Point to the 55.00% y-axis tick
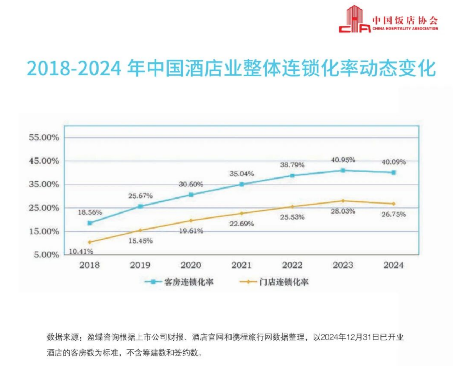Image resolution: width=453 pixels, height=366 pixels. [x=44, y=138]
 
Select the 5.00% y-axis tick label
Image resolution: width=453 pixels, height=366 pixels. [x=46, y=255]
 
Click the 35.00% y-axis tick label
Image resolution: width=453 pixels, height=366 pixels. [x=44, y=185]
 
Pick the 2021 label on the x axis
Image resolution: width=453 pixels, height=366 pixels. [x=242, y=265]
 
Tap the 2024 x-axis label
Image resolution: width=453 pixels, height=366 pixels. [x=393, y=265]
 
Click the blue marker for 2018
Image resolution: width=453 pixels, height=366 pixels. [x=90, y=223]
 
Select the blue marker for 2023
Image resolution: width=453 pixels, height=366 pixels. [x=343, y=171]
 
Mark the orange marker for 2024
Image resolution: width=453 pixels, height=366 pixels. [x=394, y=204]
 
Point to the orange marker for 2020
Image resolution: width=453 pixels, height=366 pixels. [x=191, y=221]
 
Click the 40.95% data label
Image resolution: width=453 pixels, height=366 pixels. [x=343, y=160]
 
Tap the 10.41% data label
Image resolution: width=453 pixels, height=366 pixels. [x=81, y=251]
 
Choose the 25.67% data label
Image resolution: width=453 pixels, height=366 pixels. [x=140, y=196]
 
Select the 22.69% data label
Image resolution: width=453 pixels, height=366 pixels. [x=242, y=224]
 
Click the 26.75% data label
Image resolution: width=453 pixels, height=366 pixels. [x=393, y=215]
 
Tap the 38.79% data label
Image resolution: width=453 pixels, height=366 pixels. [x=292, y=165]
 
